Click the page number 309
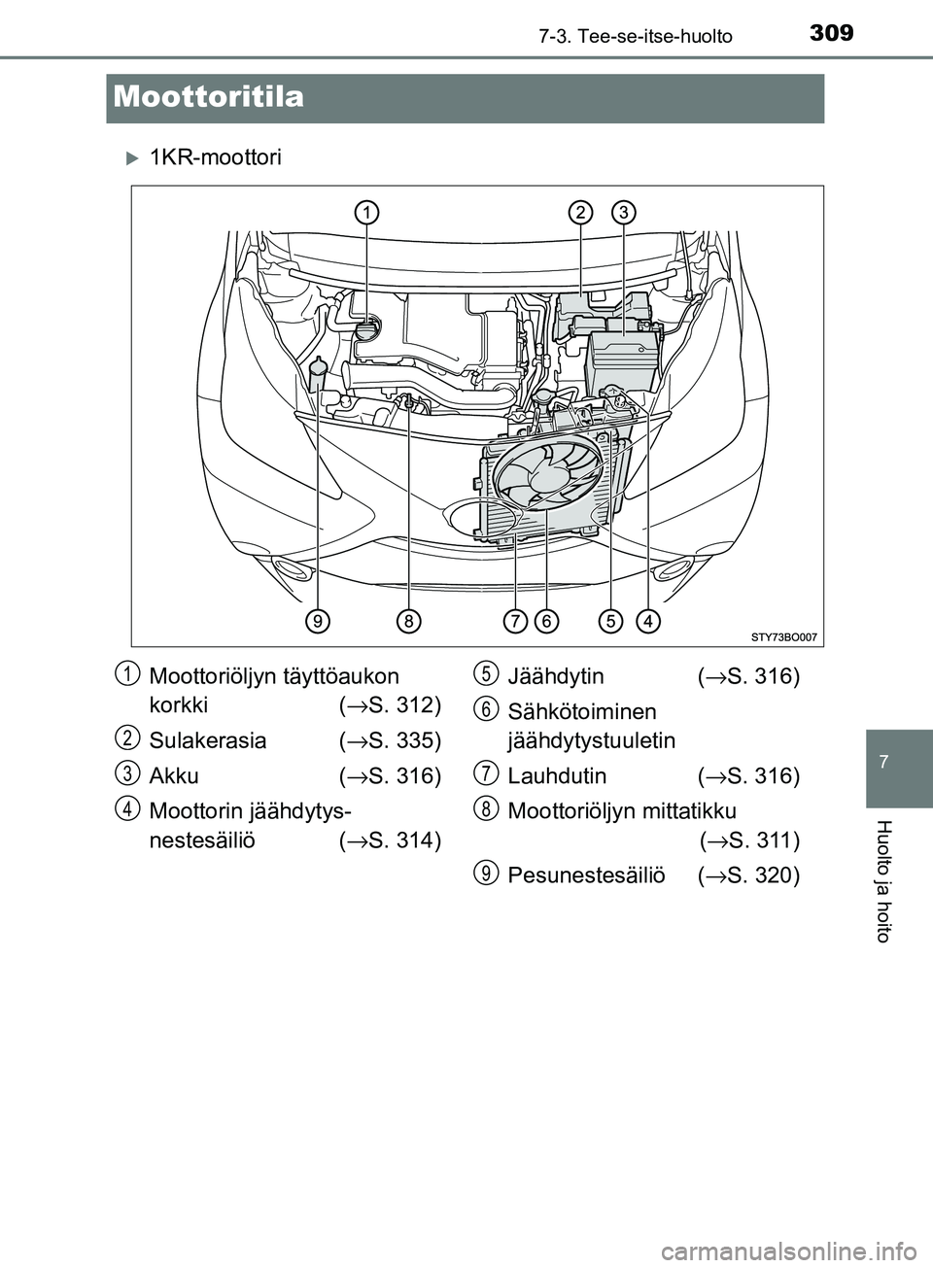point(831,32)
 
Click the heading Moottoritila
point(208,97)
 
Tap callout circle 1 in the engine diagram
point(365,212)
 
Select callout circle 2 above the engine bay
point(580,212)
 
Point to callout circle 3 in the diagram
point(623,212)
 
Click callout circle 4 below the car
point(647,619)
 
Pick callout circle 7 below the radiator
point(515,619)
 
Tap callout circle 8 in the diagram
point(409,619)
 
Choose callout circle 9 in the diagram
point(317,619)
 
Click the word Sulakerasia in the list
point(208,740)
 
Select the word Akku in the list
point(174,776)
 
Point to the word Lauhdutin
point(557,776)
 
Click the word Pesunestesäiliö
point(586,875)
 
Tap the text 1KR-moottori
point(216,157)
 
